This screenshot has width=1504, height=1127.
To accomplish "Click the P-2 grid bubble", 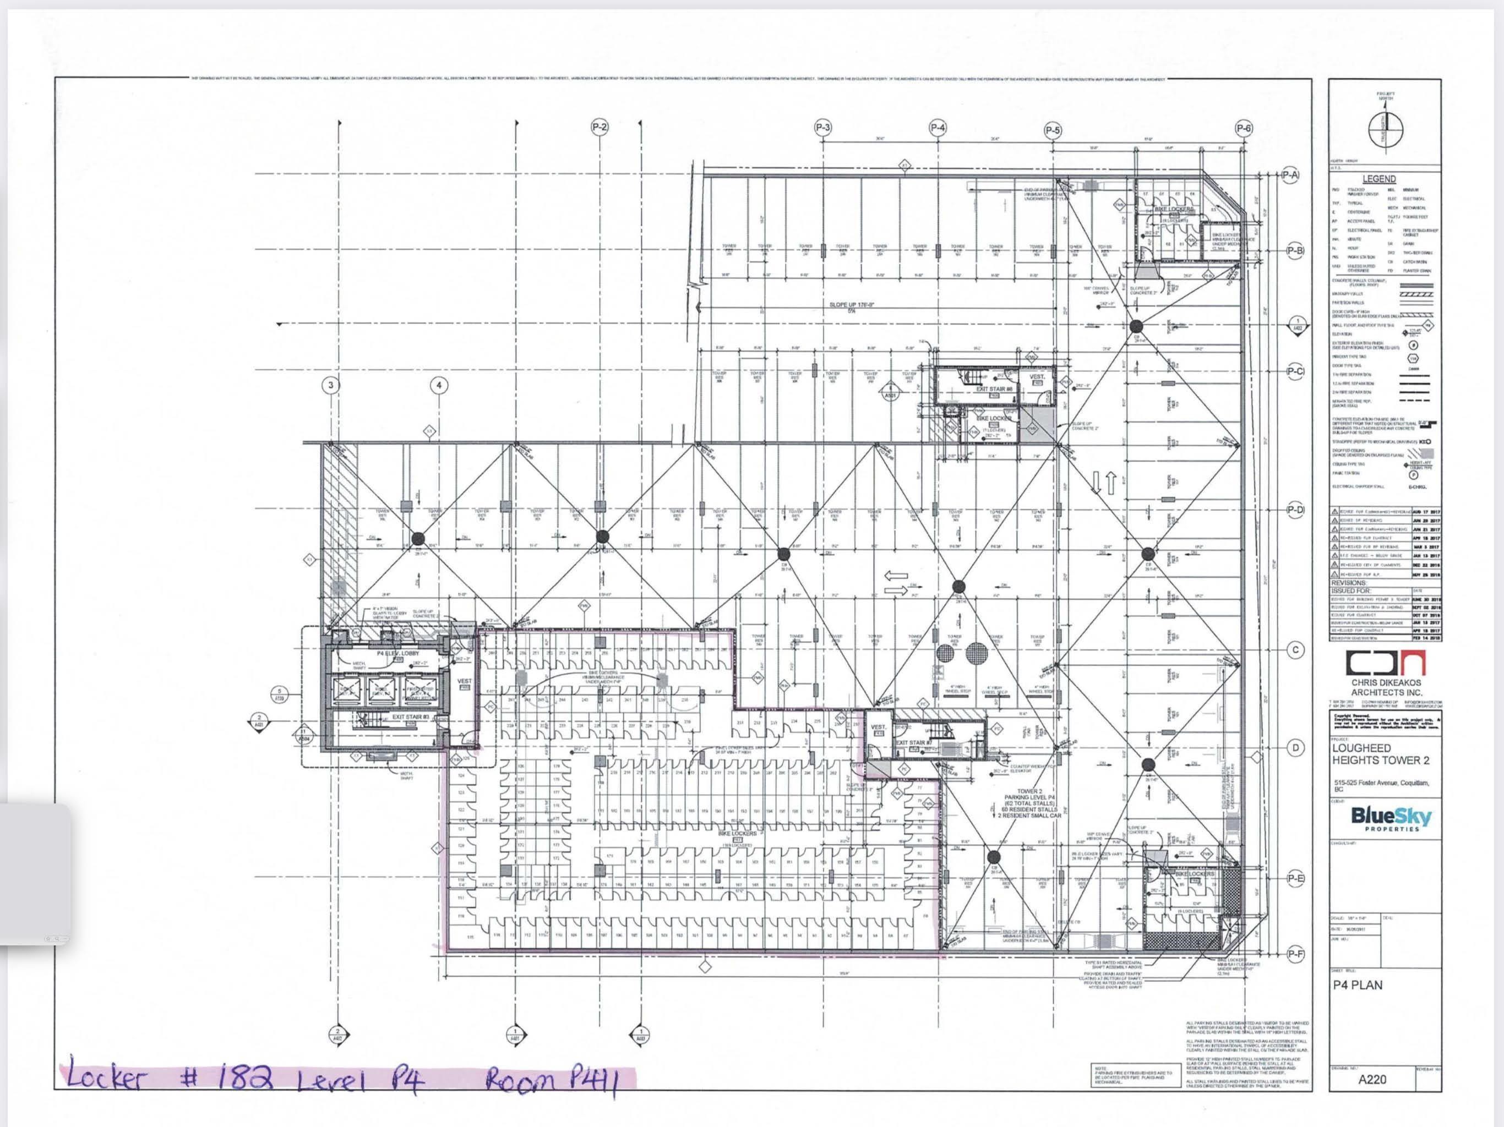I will (599, 127).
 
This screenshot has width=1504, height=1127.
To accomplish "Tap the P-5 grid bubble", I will (1053, 130).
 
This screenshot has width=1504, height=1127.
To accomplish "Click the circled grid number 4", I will (439, 385).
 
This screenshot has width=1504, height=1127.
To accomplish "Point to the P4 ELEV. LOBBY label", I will (399, 653).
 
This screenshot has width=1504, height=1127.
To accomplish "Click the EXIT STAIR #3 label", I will (410, 716).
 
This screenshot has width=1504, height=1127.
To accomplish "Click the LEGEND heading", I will (1379, 179).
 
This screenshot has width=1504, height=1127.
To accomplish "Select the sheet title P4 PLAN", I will (1357, 985).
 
